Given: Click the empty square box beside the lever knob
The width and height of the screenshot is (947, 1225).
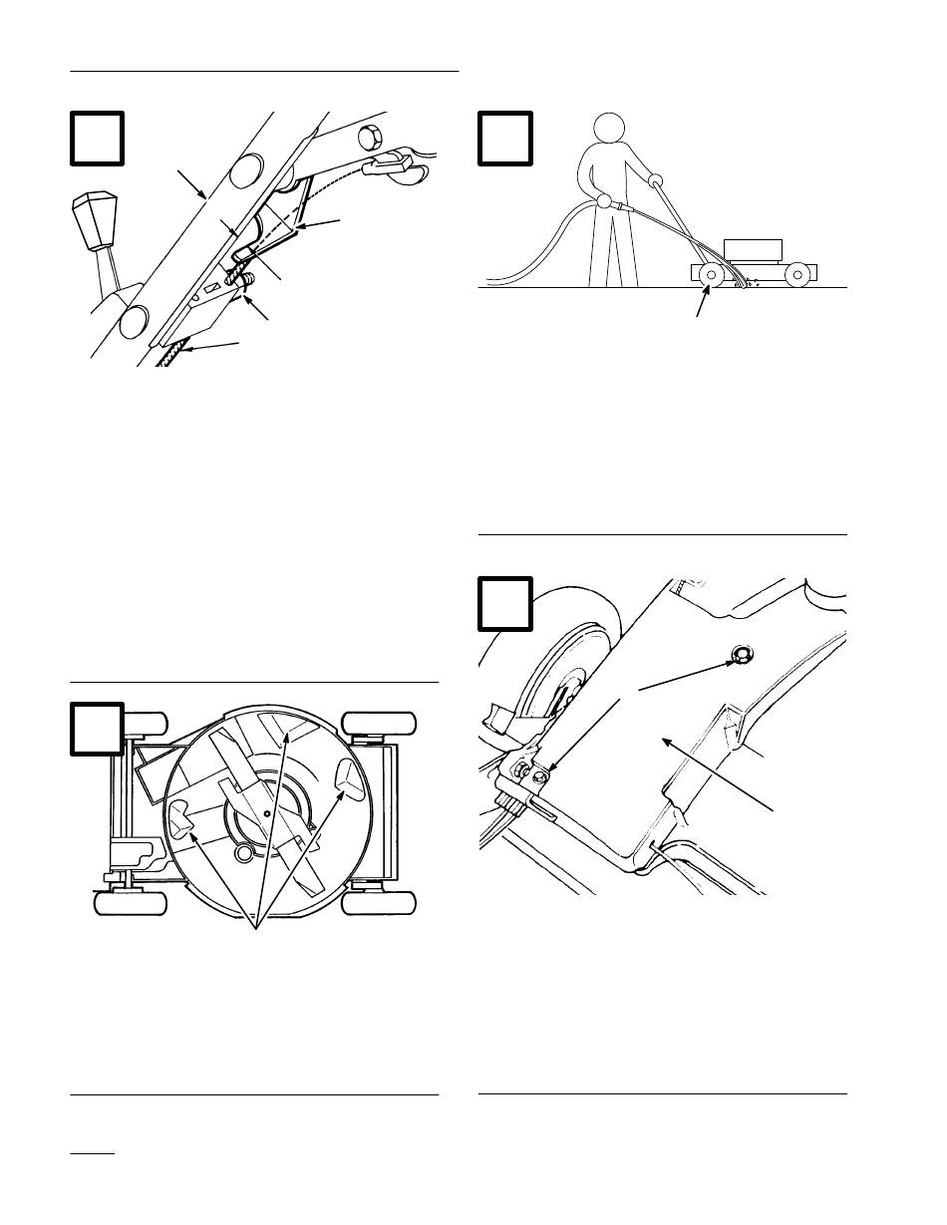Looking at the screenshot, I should pos(98,139).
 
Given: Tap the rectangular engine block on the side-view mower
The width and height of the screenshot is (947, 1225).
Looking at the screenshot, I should pos(755,250).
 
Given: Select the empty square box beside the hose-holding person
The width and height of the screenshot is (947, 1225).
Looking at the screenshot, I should pos(506,139).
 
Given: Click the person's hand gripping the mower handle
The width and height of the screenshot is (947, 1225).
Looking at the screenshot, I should pos(655,180).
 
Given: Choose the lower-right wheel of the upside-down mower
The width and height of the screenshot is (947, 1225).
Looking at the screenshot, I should pos(379,902).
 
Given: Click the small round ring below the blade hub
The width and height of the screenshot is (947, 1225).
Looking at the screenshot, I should pos(242,855).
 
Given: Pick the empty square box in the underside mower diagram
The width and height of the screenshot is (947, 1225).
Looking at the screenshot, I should pos(98,729).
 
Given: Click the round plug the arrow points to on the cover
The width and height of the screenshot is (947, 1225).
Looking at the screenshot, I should pos(740,655).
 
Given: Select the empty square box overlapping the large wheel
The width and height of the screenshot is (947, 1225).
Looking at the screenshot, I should pos(506,605).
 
